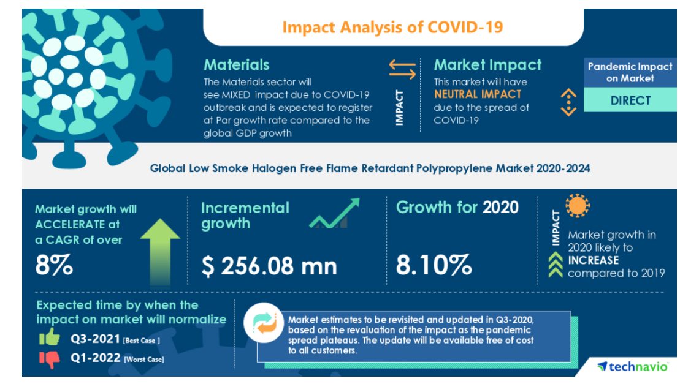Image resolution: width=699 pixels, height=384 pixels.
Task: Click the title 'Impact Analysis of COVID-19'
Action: tap(392, 28)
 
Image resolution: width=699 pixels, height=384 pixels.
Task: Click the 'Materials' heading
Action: tap(236, 65)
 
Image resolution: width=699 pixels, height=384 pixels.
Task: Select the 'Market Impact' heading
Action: tap(487, 65)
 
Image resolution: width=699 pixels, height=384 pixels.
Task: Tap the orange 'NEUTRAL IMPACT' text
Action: tap(478, 94)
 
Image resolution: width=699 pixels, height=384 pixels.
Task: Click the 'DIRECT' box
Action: tap(630, 100)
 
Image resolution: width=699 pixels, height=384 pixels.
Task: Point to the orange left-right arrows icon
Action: tap(402, 69)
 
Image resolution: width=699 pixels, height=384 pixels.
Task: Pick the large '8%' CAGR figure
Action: tap(55, 265)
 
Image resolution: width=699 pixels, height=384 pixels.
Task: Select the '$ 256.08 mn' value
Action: tap(269, 266)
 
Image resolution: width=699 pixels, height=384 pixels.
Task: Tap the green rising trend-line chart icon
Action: tap(334, 214)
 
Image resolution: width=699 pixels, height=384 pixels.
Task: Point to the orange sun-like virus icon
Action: tap(577, 206)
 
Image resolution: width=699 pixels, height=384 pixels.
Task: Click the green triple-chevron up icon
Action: tap(556, 266)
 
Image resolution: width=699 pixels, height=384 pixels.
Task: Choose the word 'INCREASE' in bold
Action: tap(593, 260)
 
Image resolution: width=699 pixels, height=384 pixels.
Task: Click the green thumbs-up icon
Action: tap(50, 337)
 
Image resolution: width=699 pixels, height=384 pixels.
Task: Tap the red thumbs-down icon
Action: tap(50, 359)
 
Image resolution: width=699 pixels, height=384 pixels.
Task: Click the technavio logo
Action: tap(633, 366)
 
